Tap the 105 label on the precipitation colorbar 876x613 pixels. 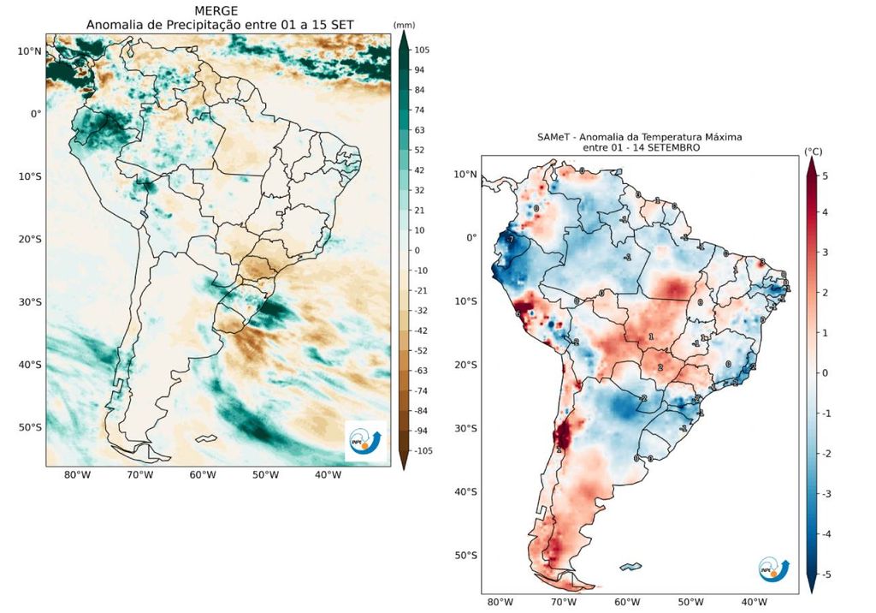[422, 51]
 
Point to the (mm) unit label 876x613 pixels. [404, 25]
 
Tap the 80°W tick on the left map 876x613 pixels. [77, 475]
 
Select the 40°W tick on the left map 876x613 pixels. [328, 475]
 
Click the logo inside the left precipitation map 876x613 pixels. [367, 439]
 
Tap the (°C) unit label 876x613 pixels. [813, 152]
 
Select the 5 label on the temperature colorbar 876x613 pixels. [825, 175]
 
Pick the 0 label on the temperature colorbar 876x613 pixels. [825, 374]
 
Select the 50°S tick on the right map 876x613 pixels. [465, 556]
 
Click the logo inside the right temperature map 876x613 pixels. [773, 568]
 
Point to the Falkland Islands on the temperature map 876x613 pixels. [631, 566]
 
